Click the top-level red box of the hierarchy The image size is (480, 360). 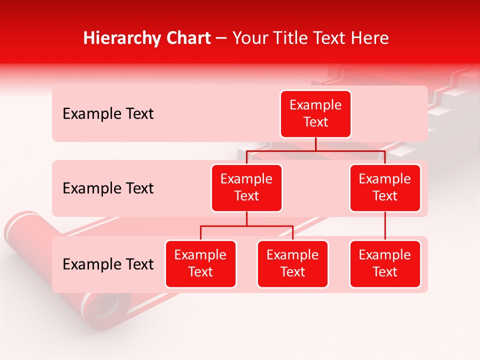pos(315,113)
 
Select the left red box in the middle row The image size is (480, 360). pos(246,187)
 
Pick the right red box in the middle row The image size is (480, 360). pos(385,187)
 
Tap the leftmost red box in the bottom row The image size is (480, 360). pos(200,263)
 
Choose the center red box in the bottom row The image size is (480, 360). pos(292,263)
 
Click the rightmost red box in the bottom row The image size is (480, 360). pos(385,263)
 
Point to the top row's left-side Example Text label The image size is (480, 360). pos(108,114)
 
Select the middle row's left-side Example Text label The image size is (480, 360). pos(108,188)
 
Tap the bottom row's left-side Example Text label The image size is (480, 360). pos(108,264)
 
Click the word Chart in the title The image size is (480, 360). pos(187,38)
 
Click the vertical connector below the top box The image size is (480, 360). pos(315,144)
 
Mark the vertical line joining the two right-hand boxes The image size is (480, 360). pos(385,226)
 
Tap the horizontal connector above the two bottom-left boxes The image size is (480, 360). pos(246,226)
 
